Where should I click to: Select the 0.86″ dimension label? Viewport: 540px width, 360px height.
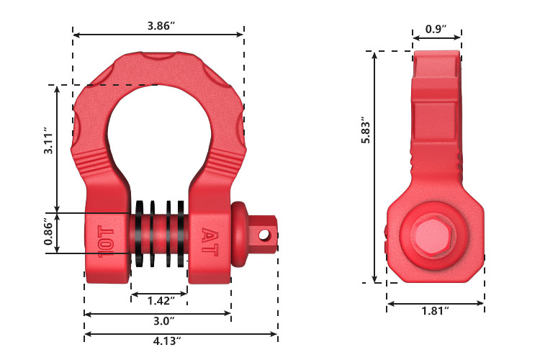[48, 233]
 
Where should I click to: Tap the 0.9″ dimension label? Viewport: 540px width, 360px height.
[436, 29]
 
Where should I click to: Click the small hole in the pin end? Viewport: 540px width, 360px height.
[264, 234]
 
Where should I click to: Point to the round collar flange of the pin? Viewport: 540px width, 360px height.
[239, 232]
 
